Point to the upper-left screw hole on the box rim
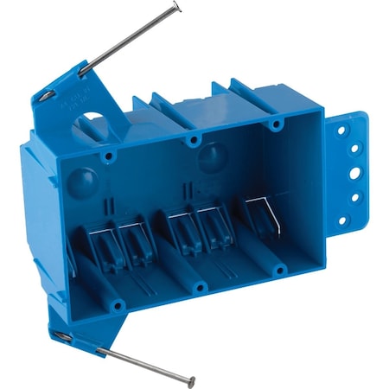tap(109, 156)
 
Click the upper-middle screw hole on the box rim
tap(194, 139)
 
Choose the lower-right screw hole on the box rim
tap(279, 269)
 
